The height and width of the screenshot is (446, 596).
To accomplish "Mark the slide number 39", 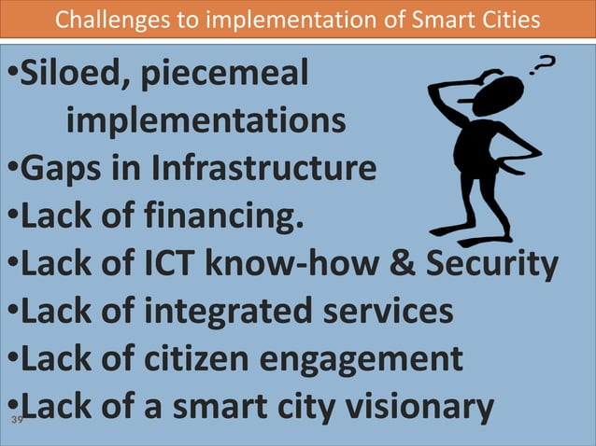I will (x=16, y=422).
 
